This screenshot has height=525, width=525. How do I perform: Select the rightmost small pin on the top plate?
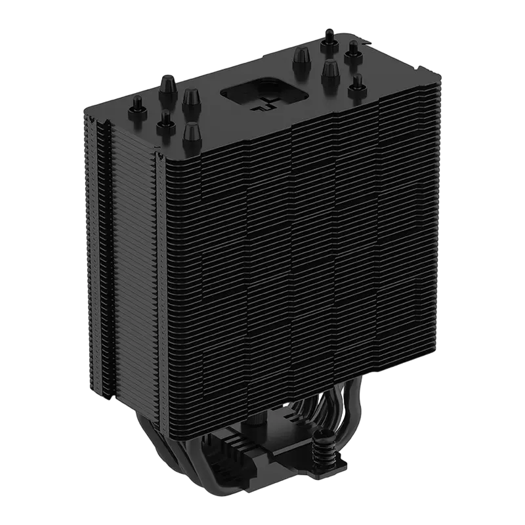tap(356, 84)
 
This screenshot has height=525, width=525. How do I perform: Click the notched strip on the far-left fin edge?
tap(98, 249)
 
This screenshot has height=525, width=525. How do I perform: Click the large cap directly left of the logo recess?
tap(190, 98)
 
